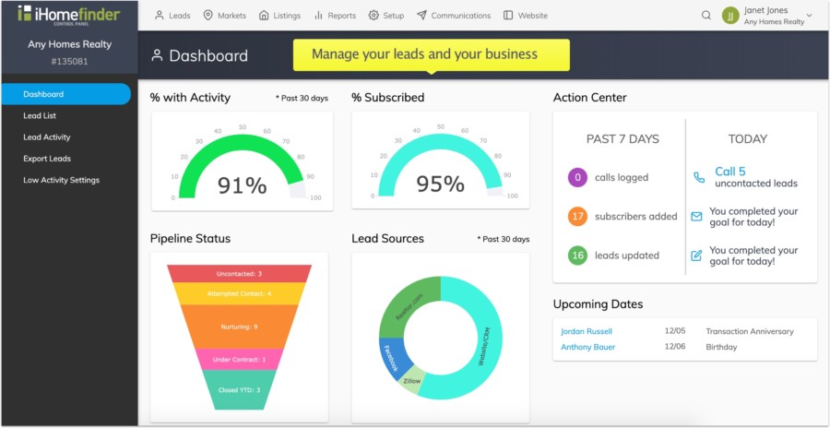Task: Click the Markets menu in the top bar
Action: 226,16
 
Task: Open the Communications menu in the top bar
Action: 454,16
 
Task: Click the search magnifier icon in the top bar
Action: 706,16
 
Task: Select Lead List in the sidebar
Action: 40,116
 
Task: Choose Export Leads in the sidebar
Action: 47,159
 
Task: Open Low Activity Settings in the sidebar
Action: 61,180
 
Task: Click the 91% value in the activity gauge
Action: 242,185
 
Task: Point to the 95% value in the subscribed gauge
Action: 440,184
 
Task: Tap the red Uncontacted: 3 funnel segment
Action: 239,274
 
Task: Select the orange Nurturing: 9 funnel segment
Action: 239,327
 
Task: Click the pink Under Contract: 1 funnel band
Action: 239,360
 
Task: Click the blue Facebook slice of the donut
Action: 391,357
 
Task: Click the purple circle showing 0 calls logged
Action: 577,177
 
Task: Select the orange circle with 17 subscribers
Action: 577,217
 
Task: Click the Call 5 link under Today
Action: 729,172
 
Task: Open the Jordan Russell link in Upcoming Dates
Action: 587,331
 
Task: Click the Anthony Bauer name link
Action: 587,348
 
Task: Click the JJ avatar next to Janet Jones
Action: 730,16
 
